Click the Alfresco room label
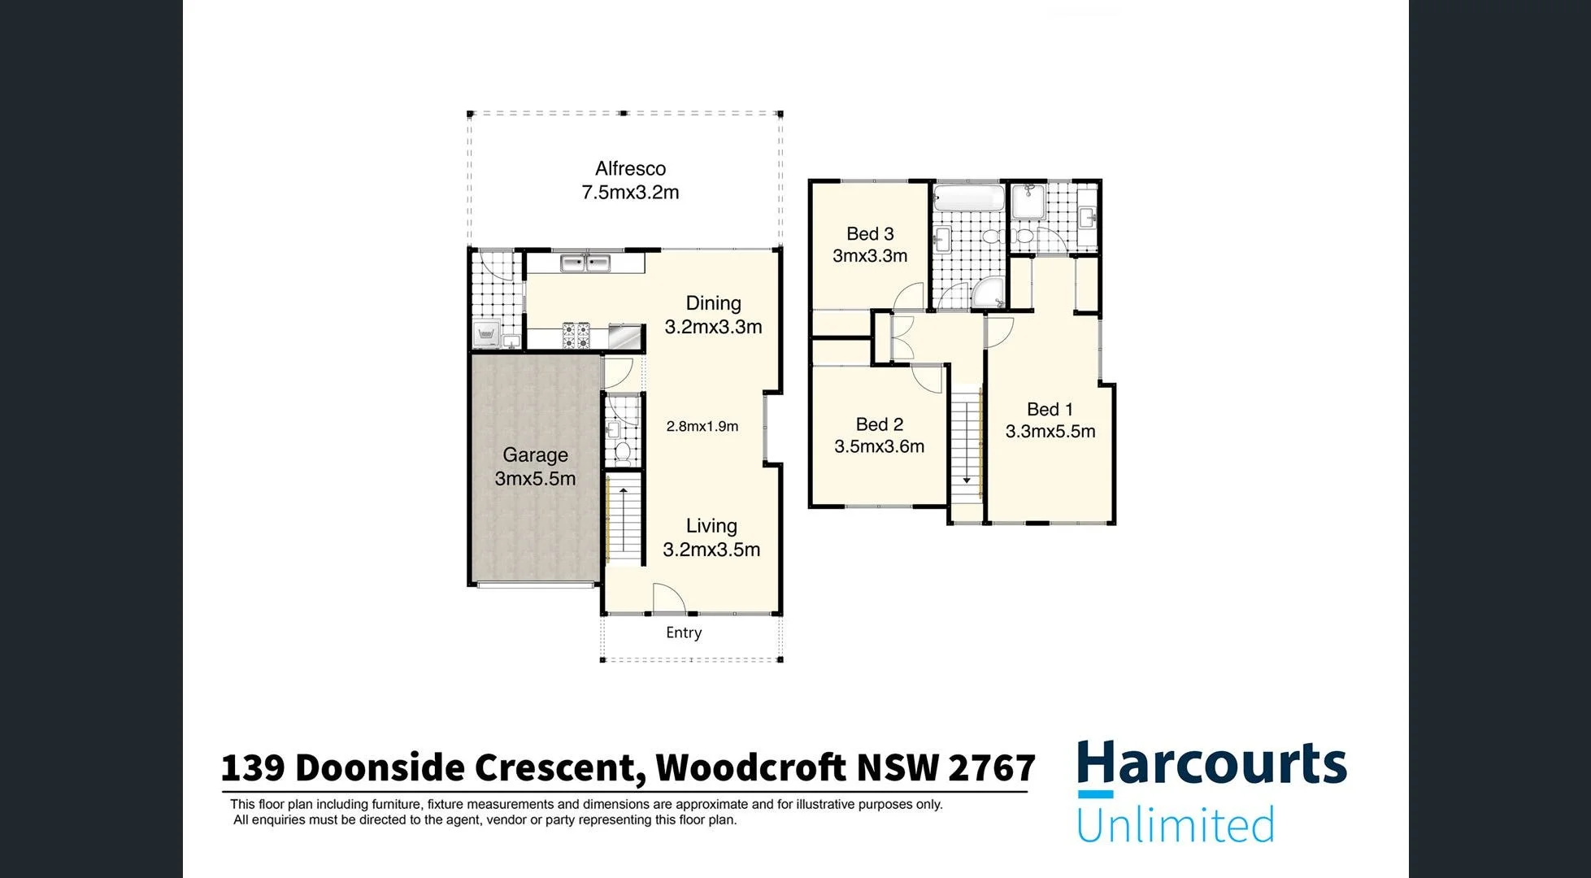click(x=630, y=180)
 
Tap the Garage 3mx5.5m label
click(x=535, y=467)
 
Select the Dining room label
click(x=713, y=315)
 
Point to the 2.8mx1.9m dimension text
click(x=702, y=426)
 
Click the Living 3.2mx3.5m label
click(x=711, y=537)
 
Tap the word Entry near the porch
click(x=684, y=632)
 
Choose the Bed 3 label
click(x=870, y=244)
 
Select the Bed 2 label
click(x=879, y=435)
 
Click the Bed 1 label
click(x=1050, y=420)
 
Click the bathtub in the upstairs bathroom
click(x=969, y=198)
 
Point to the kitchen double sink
click(x=585, y=263)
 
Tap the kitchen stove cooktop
click(x=576, y=336)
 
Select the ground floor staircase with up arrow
click(x=623, y=520)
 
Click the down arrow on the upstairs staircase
click(x=967, y=480)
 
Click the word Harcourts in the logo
click(x=1211, y=764)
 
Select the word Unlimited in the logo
click(x=1175, y=824)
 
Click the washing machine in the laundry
click(x=487, y=333)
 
